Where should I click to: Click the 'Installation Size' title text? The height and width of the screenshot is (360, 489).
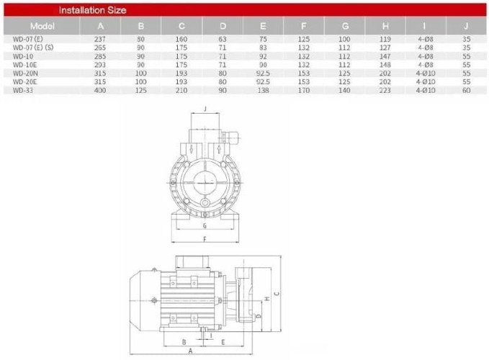[x=92, y=11]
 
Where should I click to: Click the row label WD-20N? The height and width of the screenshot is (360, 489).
[x=18, y=73]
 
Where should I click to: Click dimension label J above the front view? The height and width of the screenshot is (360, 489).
[x=206, y=109]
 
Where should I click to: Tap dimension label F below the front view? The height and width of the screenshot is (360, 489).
[x=205, y=238]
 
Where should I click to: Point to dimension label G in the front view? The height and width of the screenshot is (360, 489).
[x=205, y=225]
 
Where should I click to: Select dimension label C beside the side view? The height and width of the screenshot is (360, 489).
[x=277, y=293]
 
